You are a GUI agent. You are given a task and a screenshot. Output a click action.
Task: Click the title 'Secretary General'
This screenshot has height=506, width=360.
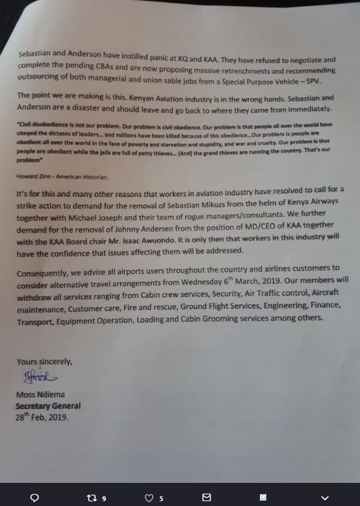click(x=48, y=407)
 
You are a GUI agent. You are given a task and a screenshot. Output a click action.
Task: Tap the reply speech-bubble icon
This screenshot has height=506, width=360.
click(x=36, y=498)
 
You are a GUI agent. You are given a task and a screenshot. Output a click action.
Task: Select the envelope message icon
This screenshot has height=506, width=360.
click(x=206, y=498)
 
